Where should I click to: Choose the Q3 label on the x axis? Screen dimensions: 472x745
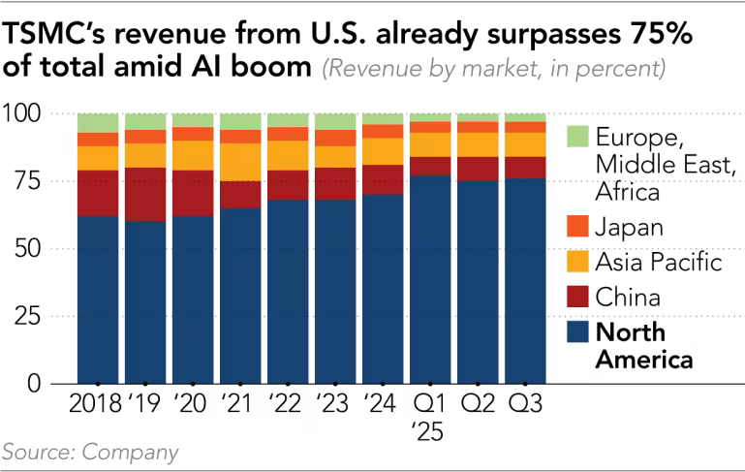point(525,402)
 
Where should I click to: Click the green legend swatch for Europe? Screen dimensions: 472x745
point(578,137)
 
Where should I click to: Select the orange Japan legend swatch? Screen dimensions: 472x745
point(578,228)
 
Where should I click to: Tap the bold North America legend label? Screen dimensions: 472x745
point(644,346)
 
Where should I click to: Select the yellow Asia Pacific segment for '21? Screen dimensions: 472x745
point(240,162)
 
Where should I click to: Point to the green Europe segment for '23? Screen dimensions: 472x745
point(335,121)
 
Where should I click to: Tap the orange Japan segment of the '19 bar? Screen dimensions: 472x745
point(145,137)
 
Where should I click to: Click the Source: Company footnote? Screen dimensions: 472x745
point(90,452)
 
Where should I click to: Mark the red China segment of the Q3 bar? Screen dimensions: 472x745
point(525,168)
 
